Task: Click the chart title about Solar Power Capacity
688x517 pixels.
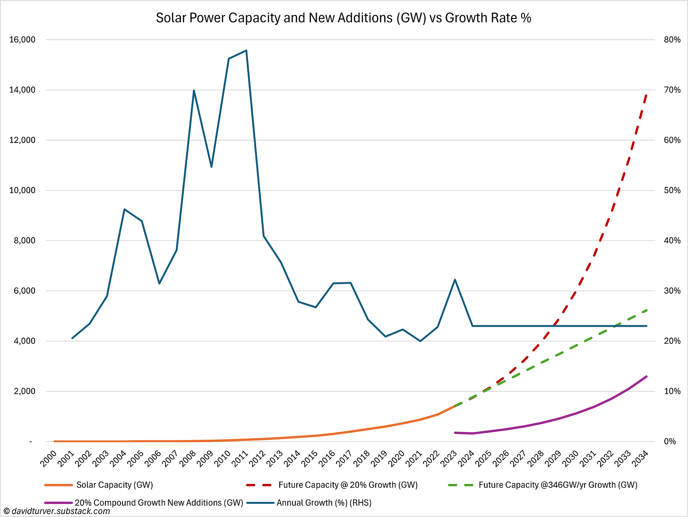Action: [344, 18]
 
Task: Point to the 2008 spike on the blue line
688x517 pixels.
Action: [194, 90]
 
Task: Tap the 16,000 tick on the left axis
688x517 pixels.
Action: [22, 40]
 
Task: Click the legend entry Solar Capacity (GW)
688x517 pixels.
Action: [114, 485]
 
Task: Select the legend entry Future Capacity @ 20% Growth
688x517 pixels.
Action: [348, 485]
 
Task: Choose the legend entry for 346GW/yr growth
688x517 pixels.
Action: [558, 485]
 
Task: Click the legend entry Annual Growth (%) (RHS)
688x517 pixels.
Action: [324, 503]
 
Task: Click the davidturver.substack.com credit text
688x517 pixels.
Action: [57, 511]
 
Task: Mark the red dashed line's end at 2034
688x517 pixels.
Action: [646, 95]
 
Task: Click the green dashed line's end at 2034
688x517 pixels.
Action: [646, 310]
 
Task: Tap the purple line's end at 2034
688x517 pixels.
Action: [646, 376]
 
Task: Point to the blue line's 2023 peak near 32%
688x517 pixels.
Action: [455, 280]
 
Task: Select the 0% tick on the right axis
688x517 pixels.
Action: [671, 441]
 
